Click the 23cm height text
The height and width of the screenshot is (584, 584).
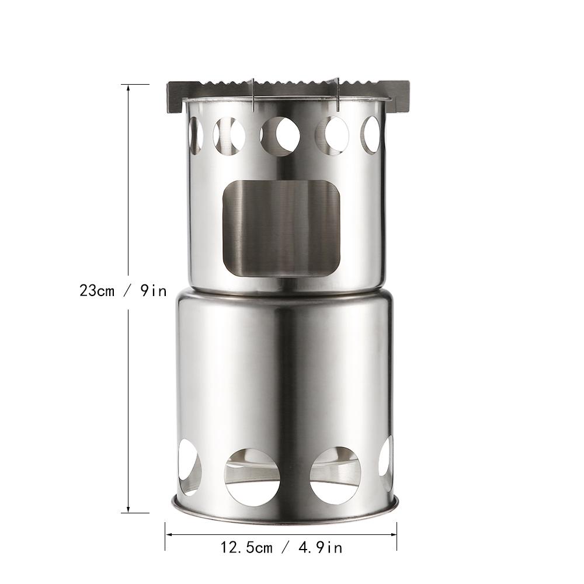pos(97,290)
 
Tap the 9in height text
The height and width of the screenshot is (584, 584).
pos(154,290)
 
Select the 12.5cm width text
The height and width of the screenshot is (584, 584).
pos(246,548)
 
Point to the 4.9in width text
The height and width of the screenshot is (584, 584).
pos(320,548)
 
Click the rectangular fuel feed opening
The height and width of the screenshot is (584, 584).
pos(281,229)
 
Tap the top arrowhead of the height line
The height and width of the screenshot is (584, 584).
pos(128,88)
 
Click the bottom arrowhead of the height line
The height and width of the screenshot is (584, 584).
pos(128,509)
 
